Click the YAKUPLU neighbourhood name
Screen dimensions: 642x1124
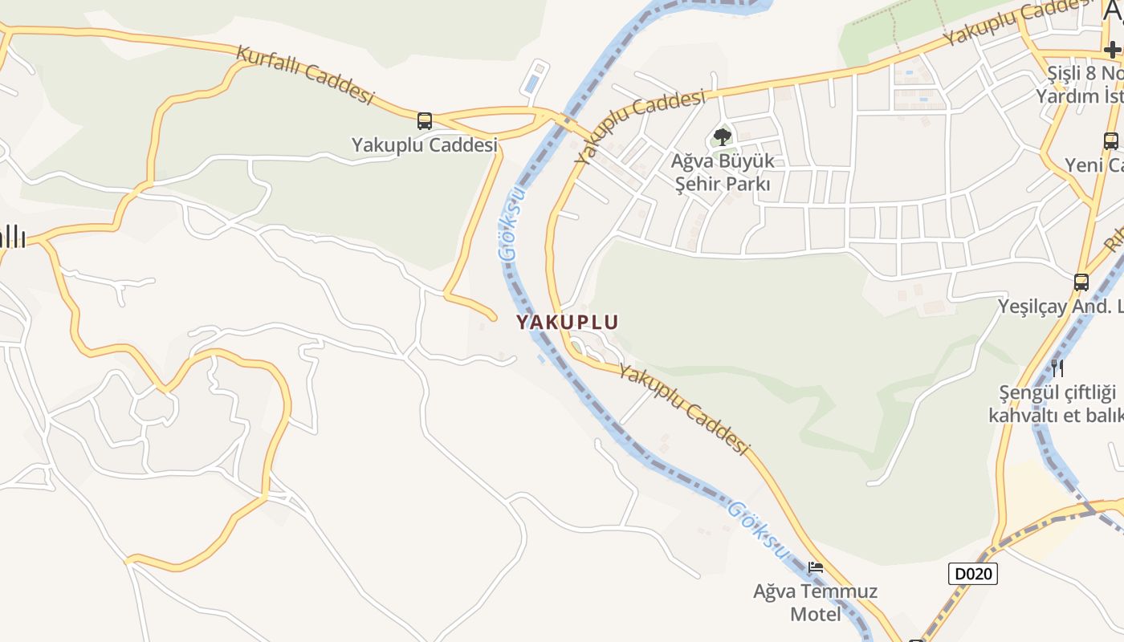pyautogui.click(x=567, y=322)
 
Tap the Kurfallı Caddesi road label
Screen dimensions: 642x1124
pyautogui.click(x=305, y=75)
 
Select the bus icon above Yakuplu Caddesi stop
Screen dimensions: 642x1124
pyautogui.click(x=425, y=121)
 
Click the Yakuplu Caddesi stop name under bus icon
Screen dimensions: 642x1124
pyautogui.click(x=425, y=145)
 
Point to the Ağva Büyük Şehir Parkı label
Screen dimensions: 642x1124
pyautogui.click(x=723, y=172)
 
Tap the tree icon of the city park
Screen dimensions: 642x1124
pyautogui.click(x=722, y=136)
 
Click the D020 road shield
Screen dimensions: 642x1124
pyautogui.click(x=972, y=574)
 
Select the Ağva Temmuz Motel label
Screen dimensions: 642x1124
pyautogui.click(x=815, y=603)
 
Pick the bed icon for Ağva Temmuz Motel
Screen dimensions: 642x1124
pyautogui.click(x=816, y=567)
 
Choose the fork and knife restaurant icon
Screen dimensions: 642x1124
pyautogui.click(x=1057, y=368)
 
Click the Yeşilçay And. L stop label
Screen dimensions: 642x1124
pyautogui.click(x=1060, y=306)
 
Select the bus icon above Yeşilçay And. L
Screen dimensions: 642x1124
pyautogui.click(x=1081, y=282)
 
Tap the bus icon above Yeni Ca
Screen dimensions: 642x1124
pyautogui.click(x=1111, y=141)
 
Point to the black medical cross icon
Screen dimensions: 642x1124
pyautogui.click(x=1113, y=49)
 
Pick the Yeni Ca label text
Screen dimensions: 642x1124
pyautogui.click(x=1093, y=165)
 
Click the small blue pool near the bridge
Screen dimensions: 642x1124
pyautogui.click(x=531, y=83)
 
